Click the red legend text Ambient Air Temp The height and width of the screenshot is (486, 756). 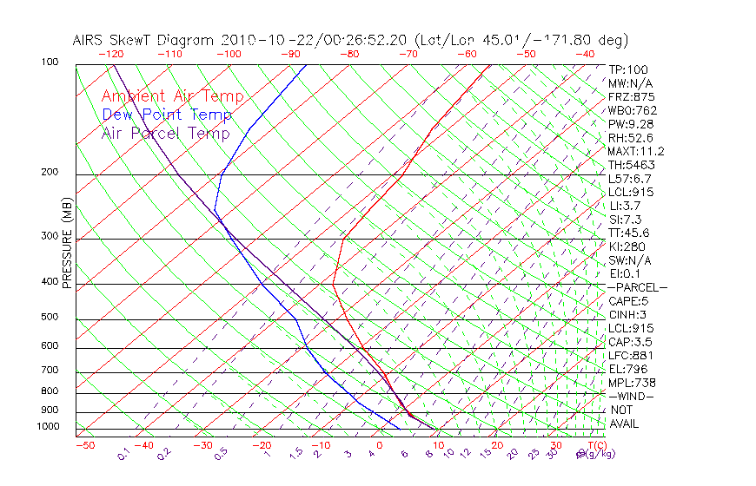click(172, 96)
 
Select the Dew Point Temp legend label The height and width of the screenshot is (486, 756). click(166, 115)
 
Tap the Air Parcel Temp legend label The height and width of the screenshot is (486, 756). click(165, 133)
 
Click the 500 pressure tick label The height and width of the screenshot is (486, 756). click(50, 318)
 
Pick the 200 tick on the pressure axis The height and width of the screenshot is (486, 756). click(50, 173)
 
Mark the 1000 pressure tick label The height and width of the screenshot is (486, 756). click(48, 427)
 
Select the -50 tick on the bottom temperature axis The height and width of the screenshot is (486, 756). click(84, 445)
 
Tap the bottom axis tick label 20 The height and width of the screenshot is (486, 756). click(497, 445)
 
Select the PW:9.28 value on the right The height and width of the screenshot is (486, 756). click(630, 124)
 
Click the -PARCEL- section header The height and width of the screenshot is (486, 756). click(637, 287)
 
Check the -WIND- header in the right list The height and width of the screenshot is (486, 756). click(632, 396)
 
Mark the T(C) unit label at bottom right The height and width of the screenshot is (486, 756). click(590, 445)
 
